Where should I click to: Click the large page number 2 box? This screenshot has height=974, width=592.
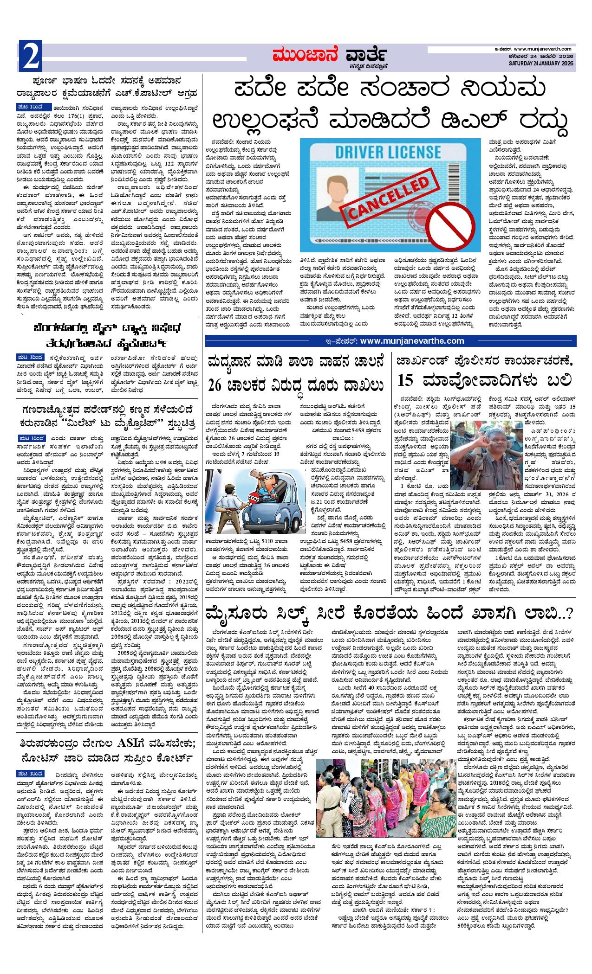pos(31,56)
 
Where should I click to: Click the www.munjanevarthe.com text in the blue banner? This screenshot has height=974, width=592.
pos(411,341)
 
